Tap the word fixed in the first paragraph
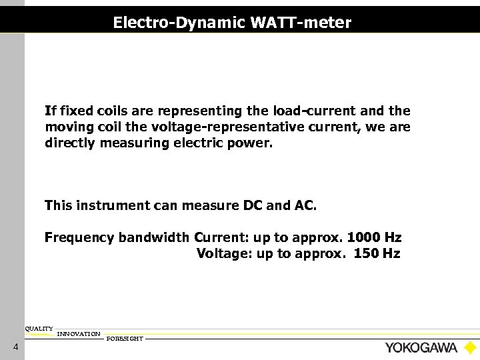click(x=73, y=110)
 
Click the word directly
click(x=71, y=143)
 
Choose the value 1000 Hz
click(x=375, y=238)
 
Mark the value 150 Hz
click(x=377, y=253)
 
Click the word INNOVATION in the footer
click(x=79, y=333)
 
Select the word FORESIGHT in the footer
click(x=125, y=339)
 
